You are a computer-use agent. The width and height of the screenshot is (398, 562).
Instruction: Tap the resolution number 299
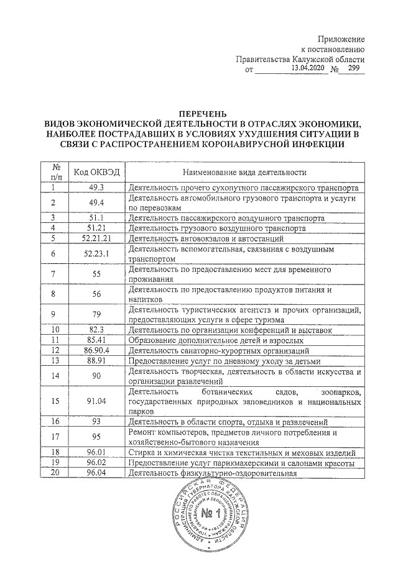[354, 68]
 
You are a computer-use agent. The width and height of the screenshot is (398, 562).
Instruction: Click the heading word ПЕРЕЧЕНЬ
[198, 114]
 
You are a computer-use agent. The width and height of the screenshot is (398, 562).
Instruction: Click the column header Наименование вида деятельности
[245, 171]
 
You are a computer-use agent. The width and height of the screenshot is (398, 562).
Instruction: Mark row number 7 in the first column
[54, 274]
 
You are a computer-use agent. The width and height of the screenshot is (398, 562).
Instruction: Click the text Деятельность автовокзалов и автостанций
[206, 238]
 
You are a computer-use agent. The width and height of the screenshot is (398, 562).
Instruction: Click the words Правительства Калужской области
[300, 58]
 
